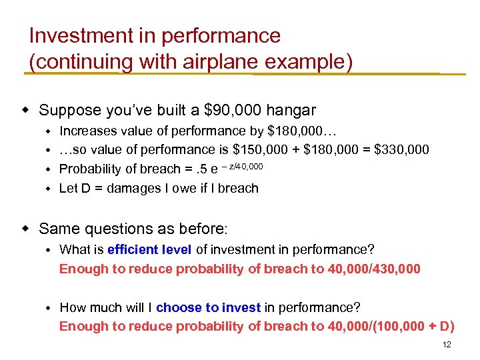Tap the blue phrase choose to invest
(208, 307)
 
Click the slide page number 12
(447, 345)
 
